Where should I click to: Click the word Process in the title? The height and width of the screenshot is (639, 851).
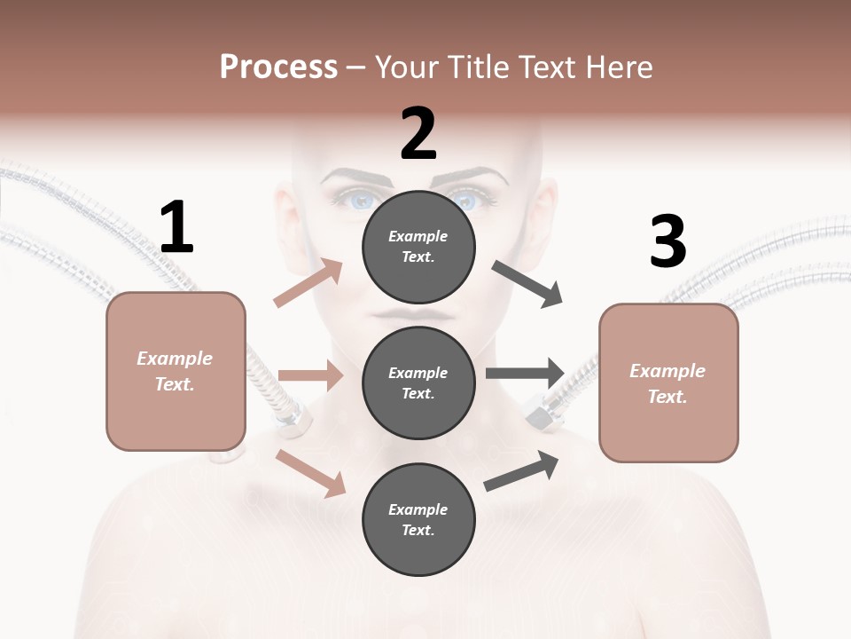(278, 67)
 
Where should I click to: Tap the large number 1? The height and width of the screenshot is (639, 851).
(176, 227)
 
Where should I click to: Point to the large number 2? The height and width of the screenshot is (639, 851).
(418, 134)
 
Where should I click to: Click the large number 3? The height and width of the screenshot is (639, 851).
(668, 241)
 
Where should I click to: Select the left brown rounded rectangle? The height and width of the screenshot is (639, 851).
(176, 371)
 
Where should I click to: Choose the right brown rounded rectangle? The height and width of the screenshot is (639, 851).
(668, 383)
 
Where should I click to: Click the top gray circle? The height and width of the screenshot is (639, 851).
(418, 247)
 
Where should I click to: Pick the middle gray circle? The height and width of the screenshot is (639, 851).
(418, 383)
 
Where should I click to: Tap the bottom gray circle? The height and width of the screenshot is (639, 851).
(418, 519)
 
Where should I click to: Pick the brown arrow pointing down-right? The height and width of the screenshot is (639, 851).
(311, 473)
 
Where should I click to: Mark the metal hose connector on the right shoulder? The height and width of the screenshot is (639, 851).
(543, 411)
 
